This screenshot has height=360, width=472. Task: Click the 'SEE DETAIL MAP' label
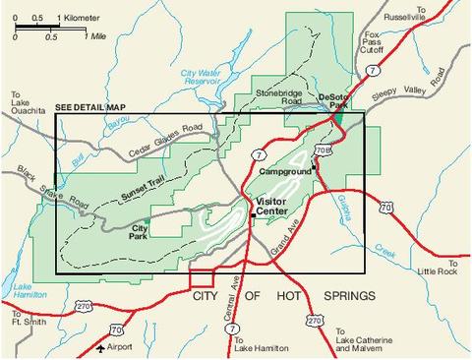90,106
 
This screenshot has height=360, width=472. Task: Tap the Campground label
285,171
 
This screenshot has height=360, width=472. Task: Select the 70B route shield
323,150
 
